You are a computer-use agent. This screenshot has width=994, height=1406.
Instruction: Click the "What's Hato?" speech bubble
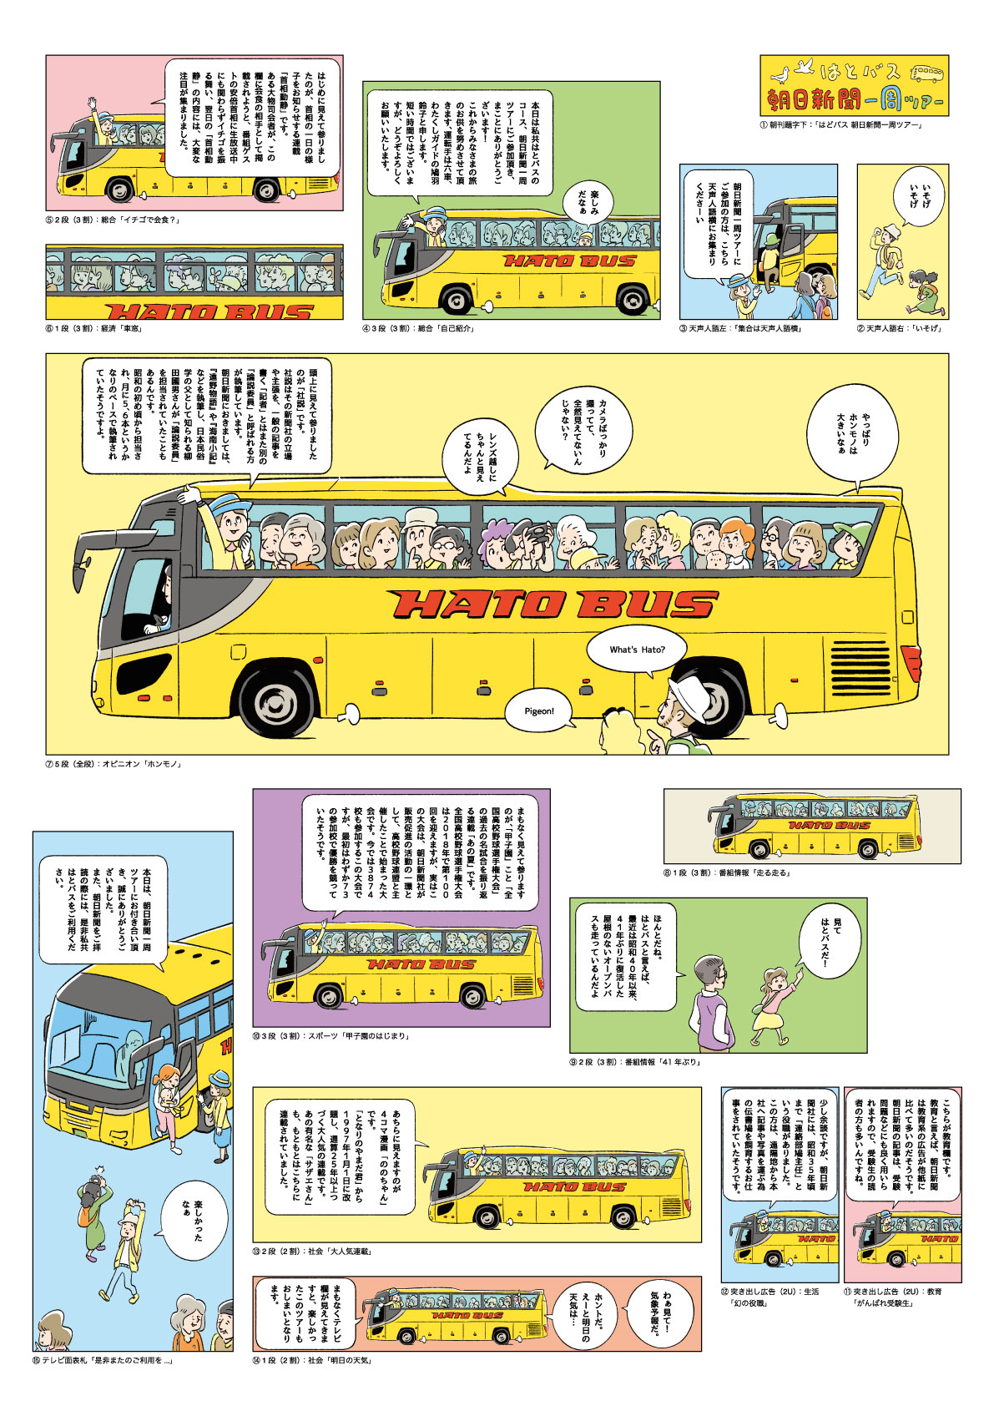(x=637, y=650)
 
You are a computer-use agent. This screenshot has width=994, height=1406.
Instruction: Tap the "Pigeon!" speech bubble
(x=539, y=711)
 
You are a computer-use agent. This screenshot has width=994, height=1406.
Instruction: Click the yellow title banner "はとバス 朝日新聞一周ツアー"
(x=854, y=86)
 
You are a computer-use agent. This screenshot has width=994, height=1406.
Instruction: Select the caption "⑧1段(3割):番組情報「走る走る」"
(x=728, y=872)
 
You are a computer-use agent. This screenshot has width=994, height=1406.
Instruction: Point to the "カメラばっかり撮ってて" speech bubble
(x=584, y=430)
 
